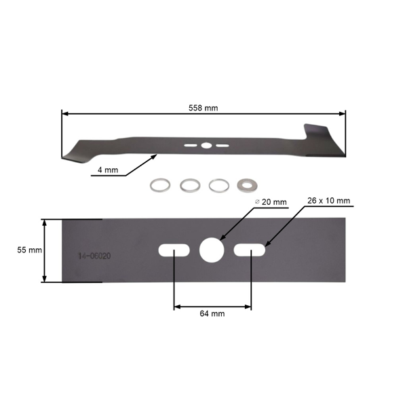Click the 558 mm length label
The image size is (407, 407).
coord(203,108)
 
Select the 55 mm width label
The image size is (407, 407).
coord(29,250)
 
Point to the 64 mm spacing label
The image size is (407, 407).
coord(212,314)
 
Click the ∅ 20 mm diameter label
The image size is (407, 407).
coord(271,202)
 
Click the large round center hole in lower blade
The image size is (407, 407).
coord(212,250)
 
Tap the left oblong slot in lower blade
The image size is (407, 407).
coord(174,250)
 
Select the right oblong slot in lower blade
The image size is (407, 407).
coord(250,250)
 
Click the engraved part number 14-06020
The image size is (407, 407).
coord(94,256)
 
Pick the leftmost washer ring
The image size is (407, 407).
coord(159,185)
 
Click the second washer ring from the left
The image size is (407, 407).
coord(188,185)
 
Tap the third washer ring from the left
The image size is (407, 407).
coord(217,185)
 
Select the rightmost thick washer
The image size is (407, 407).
coord(246,185)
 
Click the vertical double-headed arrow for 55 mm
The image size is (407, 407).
coord(45,250)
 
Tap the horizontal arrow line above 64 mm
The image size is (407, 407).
coord(212,307)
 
